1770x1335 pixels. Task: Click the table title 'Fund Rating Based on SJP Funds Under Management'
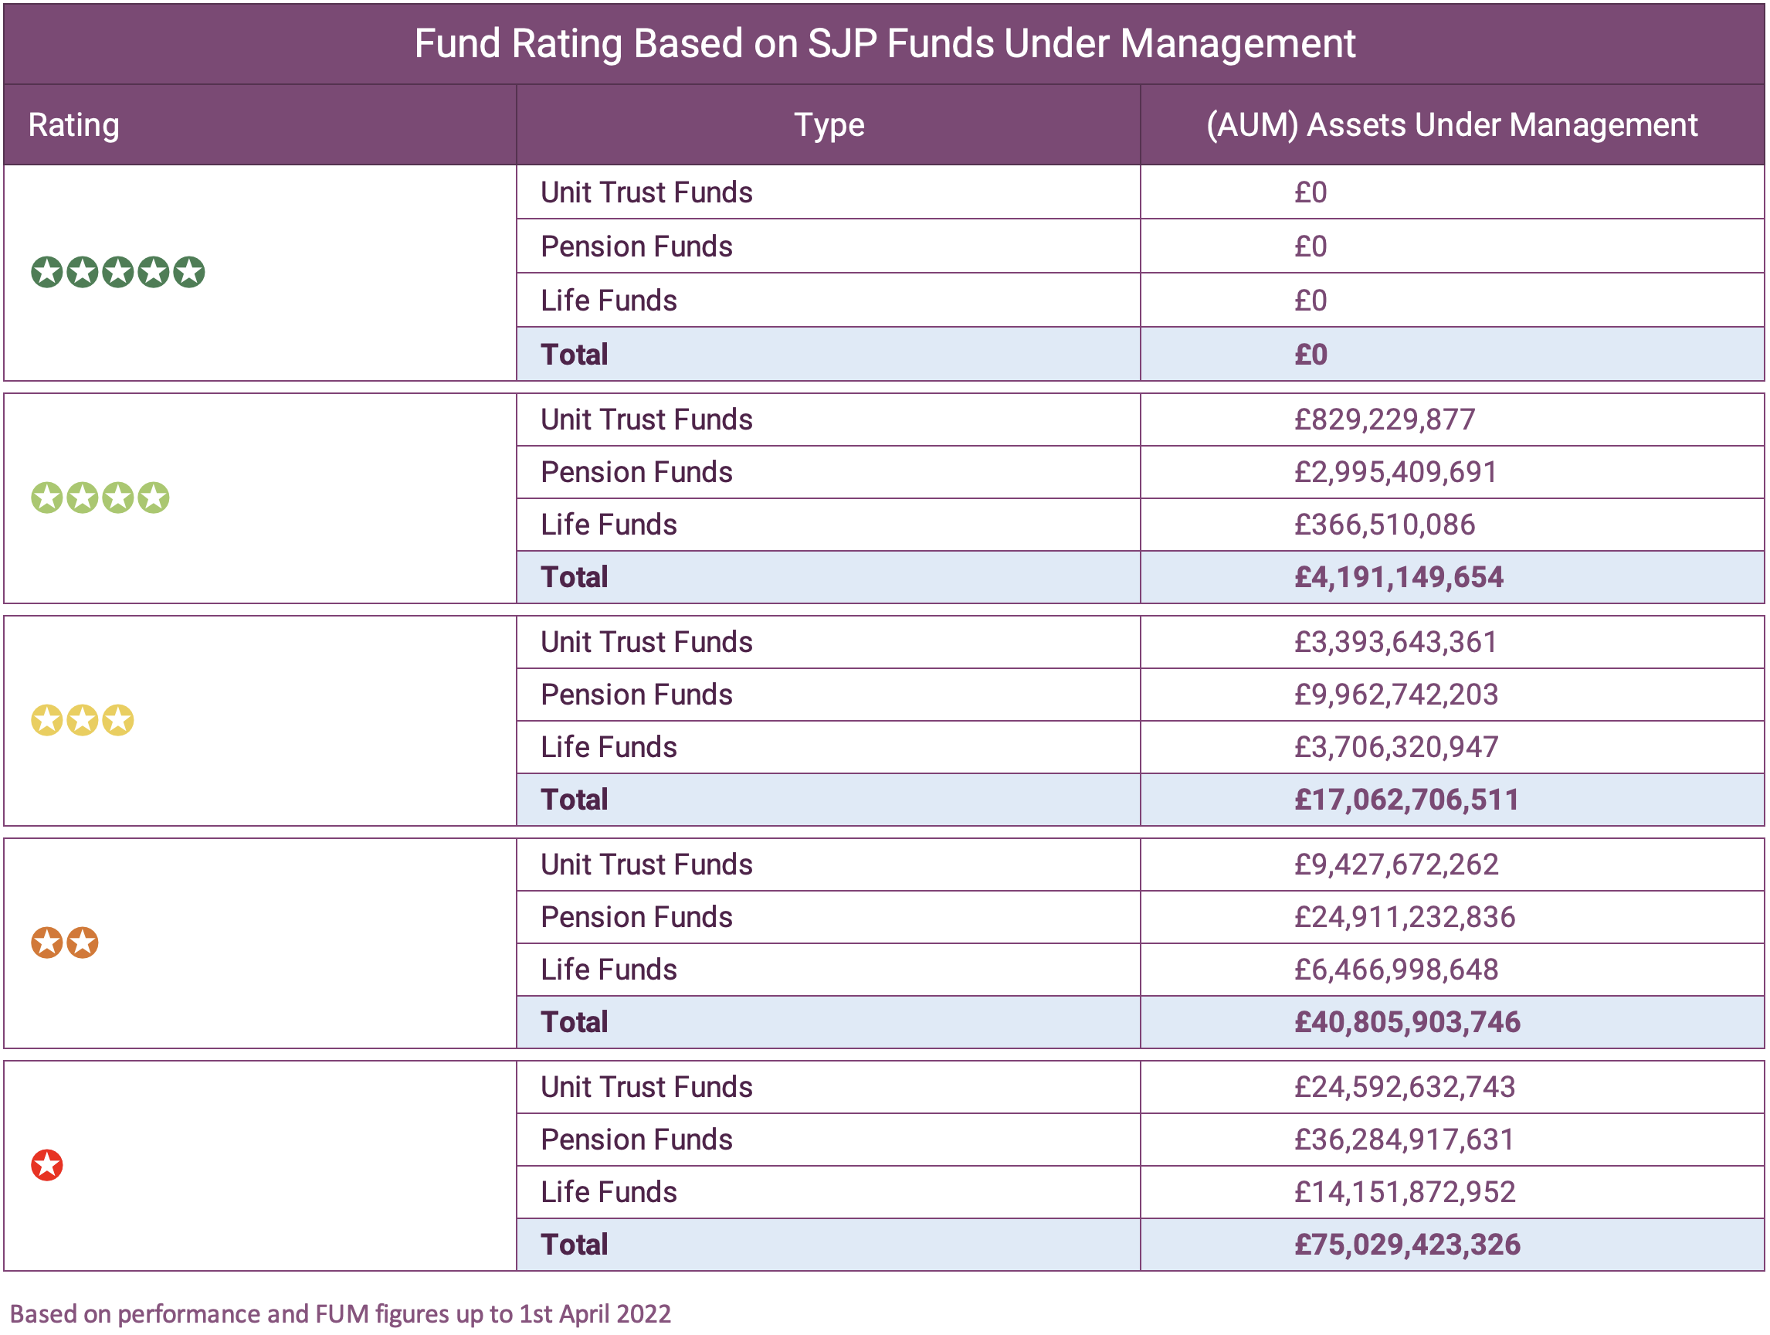click(884, 43)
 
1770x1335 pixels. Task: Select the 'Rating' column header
click(73, 125)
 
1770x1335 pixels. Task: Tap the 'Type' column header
click(828, 125)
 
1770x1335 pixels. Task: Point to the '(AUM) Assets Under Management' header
click(1452, 125)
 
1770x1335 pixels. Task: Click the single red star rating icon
click(47, 1165)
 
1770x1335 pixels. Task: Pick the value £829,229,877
click(1385, 420)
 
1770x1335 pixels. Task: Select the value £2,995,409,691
click(1395, 472)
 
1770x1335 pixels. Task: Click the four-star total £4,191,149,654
click(1399, 577)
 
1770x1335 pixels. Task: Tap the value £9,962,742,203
click(1395, 695)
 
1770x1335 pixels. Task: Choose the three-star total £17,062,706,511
click(1406, 800)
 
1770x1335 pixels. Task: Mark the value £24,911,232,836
click(1404, 917)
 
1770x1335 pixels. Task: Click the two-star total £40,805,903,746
click(1407, 1022)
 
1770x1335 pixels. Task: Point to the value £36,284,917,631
click(1404, 1140)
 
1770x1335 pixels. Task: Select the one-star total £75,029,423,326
click(1407, 1245)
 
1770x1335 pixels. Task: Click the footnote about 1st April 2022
click(340, 1314)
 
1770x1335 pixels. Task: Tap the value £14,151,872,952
click(1404, 1193)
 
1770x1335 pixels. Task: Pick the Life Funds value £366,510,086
click(1385, 525)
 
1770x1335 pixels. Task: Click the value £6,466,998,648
click(1395, 970)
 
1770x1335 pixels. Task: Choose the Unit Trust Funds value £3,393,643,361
click(1395, 642)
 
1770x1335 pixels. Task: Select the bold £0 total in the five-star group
click(1311, 355)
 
